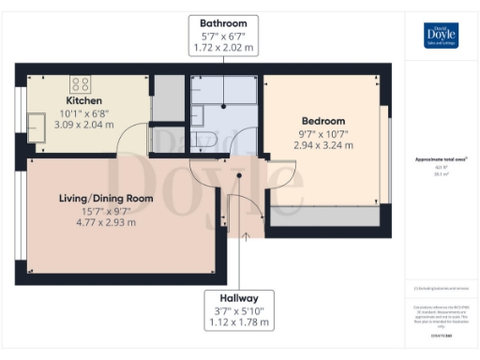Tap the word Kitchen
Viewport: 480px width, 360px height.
click(83, 100)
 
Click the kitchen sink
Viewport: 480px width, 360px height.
click(38, 128)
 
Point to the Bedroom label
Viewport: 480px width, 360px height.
click(323, 121)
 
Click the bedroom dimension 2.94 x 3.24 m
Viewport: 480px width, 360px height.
click(323, 145)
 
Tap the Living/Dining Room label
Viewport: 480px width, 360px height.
click(106, 198)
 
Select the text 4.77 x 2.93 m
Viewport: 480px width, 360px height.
click(106, 223)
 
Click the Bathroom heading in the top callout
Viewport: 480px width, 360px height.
click(223, 22)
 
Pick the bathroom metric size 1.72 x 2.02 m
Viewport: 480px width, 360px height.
click(223, 47)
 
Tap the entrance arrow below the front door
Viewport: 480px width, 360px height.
click(246, 235)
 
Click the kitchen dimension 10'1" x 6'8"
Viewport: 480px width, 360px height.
click(83, 112)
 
